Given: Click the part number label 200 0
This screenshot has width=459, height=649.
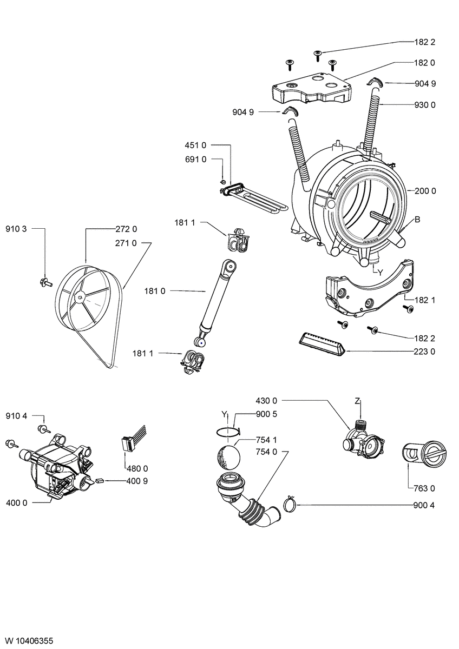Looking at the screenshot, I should pos(425,190).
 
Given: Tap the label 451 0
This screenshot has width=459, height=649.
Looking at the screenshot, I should pos(196,145).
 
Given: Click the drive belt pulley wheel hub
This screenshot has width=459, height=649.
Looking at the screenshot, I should pos(80,295).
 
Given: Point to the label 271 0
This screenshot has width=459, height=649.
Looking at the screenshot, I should pos(126,243).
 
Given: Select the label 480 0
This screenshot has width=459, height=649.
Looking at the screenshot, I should pos(137,468).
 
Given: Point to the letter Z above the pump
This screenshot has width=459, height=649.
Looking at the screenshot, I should pos(358,401).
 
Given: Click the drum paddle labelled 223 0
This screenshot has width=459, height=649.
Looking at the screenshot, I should pos(321,344).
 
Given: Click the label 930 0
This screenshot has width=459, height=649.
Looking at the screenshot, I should pos(425,104).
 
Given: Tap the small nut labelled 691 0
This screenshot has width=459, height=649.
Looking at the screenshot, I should pos(222,180).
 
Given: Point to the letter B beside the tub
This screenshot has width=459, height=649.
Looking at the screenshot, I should pos(417,219).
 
